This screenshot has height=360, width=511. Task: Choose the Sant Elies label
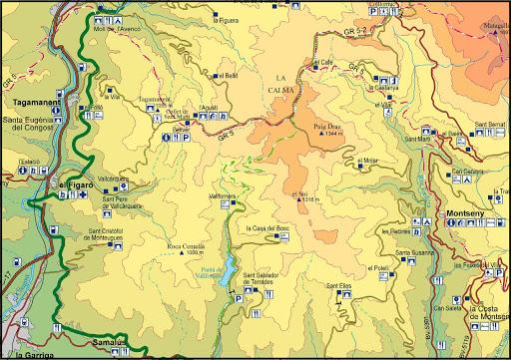click(339, 286)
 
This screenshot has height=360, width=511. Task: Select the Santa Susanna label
click(414, 253)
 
